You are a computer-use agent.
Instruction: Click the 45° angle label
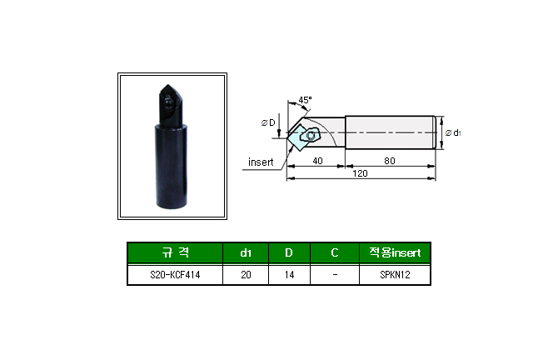[305, 100]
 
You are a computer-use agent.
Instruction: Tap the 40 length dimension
[317, 161]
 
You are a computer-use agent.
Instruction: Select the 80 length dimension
[390, 161]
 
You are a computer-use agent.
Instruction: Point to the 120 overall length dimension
[360, 173]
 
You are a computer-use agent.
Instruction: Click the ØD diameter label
[268, 122]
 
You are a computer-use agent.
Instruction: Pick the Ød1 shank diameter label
[453, 132]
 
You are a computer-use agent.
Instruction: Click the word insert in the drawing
[261, 162]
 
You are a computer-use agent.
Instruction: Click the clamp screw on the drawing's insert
[311, 135]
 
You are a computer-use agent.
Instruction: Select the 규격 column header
[175, 252]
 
